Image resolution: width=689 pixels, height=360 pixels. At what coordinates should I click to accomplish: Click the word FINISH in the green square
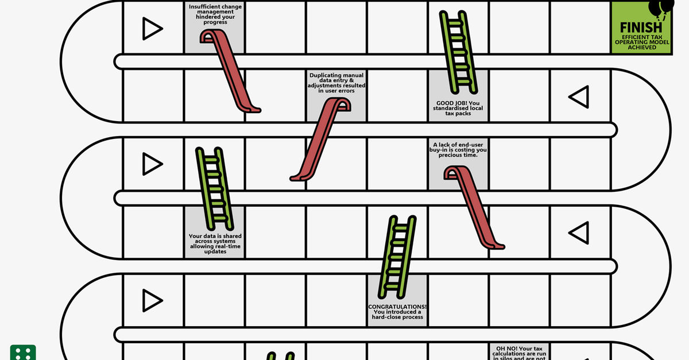(x=640, y=27)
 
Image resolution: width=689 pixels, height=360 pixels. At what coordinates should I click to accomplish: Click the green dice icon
(x=23, y=353)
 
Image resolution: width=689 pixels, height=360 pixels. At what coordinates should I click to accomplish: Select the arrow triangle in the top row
(x=152, y=28)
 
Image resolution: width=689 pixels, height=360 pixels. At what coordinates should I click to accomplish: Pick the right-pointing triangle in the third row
(x=152, y=164)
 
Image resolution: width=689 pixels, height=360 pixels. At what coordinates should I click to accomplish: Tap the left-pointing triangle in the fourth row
(x=579, y=233)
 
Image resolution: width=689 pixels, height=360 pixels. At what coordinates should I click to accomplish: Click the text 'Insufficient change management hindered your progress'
(x=215, y=14)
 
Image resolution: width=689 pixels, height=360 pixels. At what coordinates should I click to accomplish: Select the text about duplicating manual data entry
(x=336, y=83)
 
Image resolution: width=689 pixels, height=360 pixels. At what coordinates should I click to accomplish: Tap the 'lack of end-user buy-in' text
(x=458, y=150)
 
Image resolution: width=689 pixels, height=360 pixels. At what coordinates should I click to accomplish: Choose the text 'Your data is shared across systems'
(x=215, y=244)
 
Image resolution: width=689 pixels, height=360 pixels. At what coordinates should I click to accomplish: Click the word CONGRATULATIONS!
(x=397, y=307)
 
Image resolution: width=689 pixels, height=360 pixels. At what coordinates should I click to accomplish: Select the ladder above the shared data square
(x=214, y=187)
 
